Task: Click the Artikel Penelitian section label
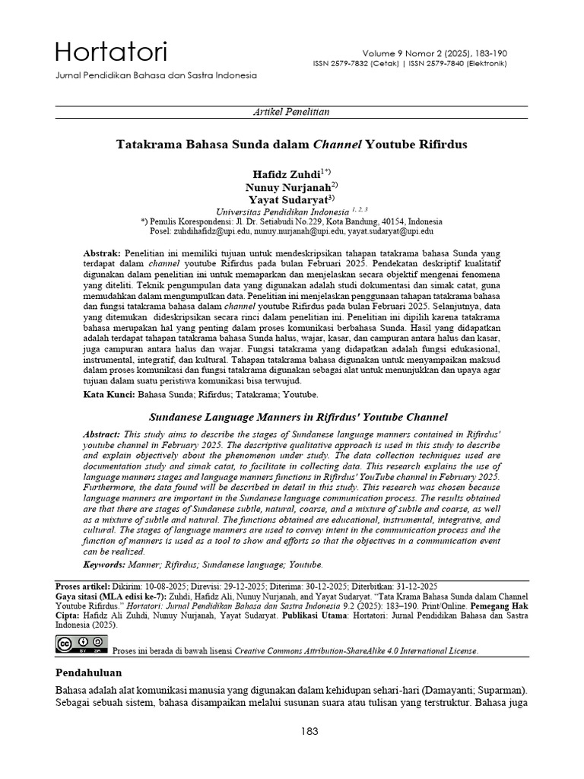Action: [291, 112]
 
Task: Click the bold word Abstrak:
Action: [102, 251]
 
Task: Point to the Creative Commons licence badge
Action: [81, 644]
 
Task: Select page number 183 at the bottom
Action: [309, 732]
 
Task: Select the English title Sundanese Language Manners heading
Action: [297, 417]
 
